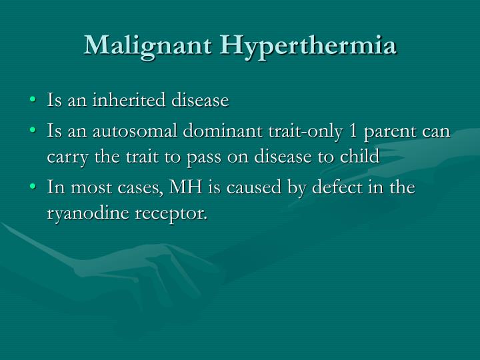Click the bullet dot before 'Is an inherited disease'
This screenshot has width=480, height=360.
click(35, 101)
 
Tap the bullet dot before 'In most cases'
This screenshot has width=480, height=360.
click(35, 189)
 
